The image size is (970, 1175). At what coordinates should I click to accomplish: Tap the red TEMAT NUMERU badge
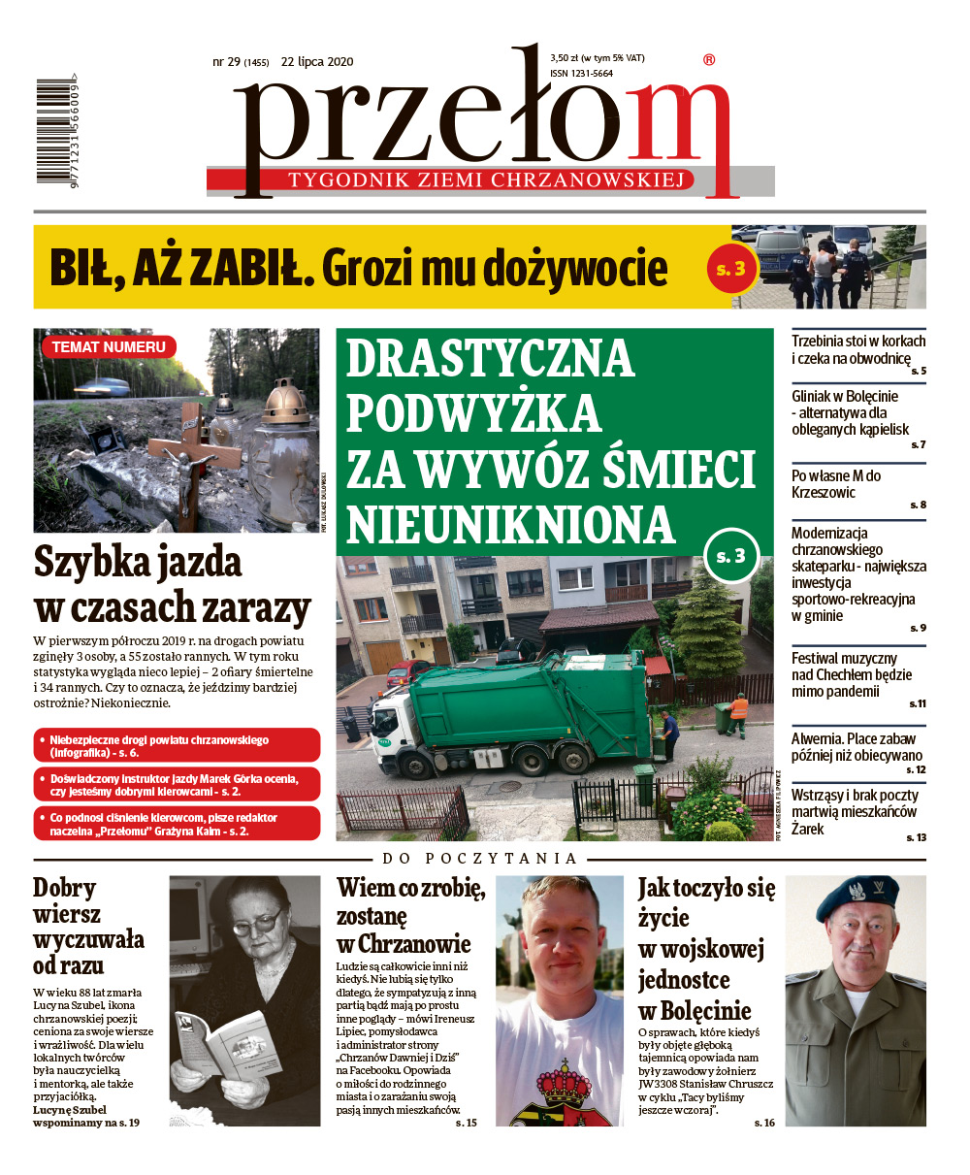point(108,346)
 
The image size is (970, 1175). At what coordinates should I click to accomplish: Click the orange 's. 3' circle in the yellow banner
point(729,269)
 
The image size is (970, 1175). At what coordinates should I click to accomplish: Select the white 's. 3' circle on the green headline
point(730,555)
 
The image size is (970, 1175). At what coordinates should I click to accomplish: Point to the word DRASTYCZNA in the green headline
point(490,360)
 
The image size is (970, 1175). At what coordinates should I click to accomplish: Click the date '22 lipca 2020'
point(317,62)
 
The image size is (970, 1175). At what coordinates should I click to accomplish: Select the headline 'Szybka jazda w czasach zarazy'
point(172,585)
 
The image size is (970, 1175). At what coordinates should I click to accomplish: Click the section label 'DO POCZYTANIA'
point(479,858)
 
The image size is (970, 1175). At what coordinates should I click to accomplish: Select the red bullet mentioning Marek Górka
point(176,785)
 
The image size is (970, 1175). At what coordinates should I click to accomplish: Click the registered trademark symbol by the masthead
point(708,60)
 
